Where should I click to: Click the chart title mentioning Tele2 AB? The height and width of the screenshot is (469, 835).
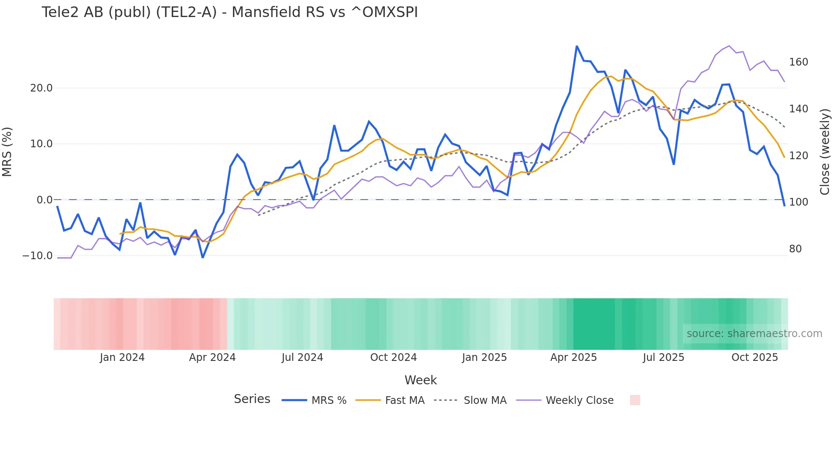pos(230,12)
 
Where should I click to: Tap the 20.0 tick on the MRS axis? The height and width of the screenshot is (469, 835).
pos(41,88)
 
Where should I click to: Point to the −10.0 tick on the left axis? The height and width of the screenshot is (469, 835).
pos(37,256)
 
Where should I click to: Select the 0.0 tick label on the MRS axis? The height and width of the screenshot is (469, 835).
pos(44,200)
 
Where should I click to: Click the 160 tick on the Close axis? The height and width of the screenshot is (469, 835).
pos(798,62)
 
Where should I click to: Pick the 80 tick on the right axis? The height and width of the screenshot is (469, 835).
pos(795,249)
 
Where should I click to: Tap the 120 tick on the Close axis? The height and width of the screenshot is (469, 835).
pos(798,156)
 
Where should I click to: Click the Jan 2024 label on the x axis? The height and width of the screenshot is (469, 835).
pos(122,357)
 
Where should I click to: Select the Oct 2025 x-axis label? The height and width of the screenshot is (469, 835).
pos(754,357)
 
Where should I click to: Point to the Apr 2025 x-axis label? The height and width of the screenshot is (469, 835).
pos(573,357)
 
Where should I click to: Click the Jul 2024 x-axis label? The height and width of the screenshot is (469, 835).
pos(302,357)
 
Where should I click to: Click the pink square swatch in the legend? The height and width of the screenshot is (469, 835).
pos(635,400)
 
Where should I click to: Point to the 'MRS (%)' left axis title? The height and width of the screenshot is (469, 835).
pos(7,152)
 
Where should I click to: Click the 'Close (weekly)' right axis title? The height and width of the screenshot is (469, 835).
pos(825,152)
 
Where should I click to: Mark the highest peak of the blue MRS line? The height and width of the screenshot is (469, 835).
pos(577,46)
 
